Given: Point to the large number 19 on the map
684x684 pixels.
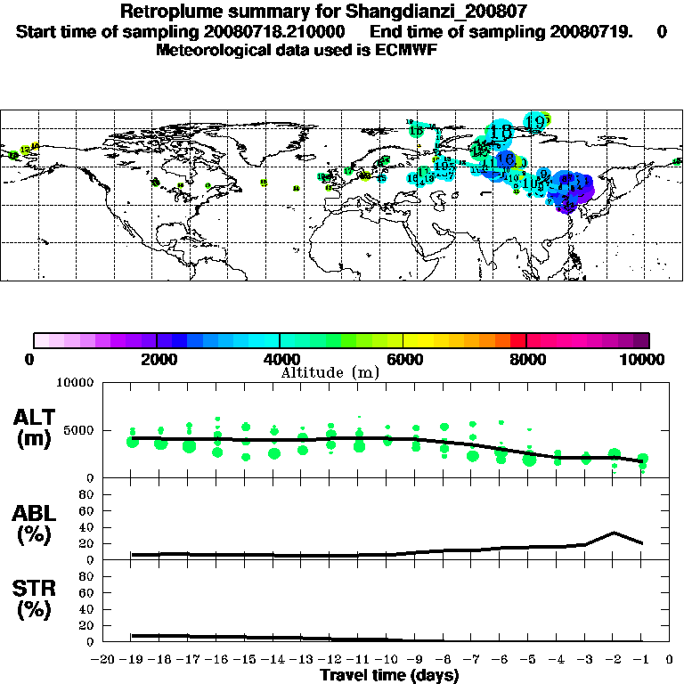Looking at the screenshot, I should pos(536,122).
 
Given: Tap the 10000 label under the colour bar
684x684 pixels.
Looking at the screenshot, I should pos(643,359).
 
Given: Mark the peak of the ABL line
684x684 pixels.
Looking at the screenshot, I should pos(615,533).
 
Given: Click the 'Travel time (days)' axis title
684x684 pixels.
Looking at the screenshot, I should pos(389,675).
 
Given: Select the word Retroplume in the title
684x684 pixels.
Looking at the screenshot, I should pos(167,12).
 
